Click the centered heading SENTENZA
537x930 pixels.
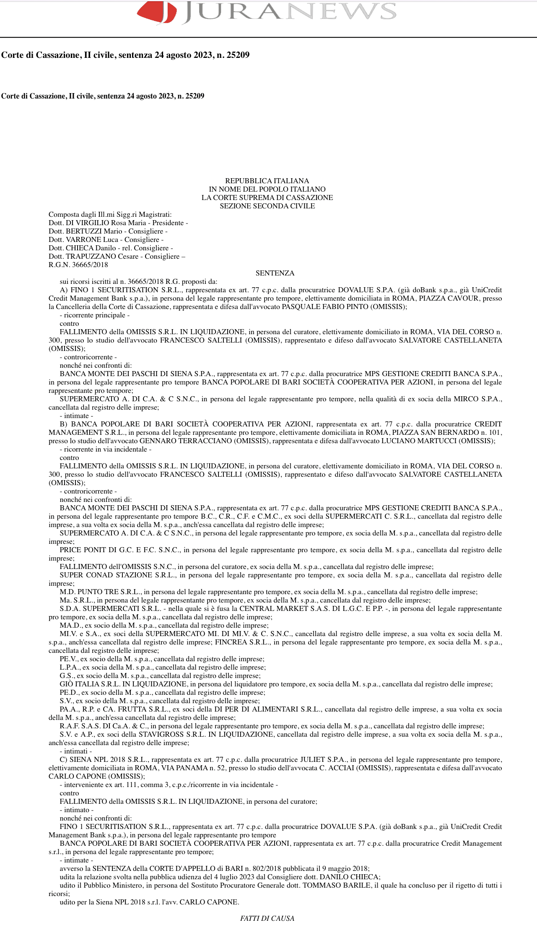[x=275, y=273]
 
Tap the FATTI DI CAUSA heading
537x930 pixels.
[x=267, y=918]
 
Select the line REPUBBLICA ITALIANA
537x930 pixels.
[x=267, y=181]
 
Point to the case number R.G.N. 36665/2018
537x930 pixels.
[x=78, y=265]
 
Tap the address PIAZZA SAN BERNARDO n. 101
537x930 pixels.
[x=460, y=432]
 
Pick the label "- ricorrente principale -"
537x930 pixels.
[x=94, y=315]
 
